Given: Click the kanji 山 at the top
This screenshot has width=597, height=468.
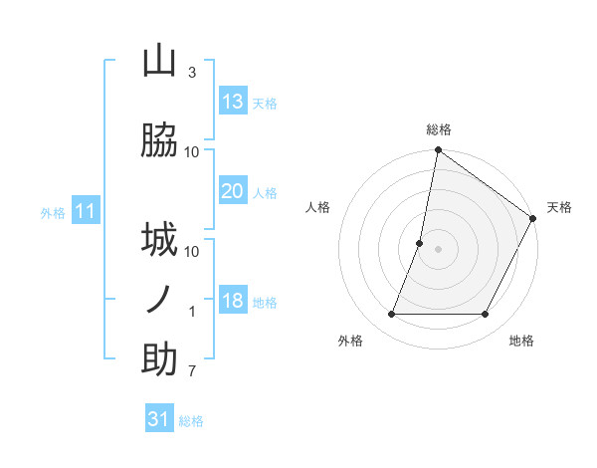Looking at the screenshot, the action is [159, 62].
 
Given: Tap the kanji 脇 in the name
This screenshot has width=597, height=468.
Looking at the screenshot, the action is [159, 141].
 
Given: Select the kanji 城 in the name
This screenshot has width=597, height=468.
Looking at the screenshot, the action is [159, 240].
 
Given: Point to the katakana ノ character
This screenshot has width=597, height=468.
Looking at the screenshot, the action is [159, 300].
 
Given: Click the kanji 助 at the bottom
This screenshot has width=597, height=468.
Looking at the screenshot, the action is [159, 359].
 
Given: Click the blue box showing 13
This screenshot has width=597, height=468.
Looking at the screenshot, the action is [233, 102].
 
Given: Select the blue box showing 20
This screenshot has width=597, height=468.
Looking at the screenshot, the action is [233, 191].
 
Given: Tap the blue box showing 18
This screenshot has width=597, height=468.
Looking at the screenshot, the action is [233, 301].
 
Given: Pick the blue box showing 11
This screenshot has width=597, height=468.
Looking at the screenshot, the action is [86, 211].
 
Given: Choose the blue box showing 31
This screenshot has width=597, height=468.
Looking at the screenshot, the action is [159, 419].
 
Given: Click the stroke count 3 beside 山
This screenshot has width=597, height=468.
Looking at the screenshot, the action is [192, 73].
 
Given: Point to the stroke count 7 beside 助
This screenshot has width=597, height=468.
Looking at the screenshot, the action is [192, 371].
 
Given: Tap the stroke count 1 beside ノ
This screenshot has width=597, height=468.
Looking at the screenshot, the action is [192, 312].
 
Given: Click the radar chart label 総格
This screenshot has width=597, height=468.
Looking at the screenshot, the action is [438, 129].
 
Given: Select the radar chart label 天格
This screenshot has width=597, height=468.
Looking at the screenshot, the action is [559, 207].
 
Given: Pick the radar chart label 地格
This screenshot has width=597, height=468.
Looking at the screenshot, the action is [521, 342].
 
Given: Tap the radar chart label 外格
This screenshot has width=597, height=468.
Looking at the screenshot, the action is [350, 342].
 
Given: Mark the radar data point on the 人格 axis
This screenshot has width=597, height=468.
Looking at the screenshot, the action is [420, 243].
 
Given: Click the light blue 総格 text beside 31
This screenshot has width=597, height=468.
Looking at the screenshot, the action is [191, 421].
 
